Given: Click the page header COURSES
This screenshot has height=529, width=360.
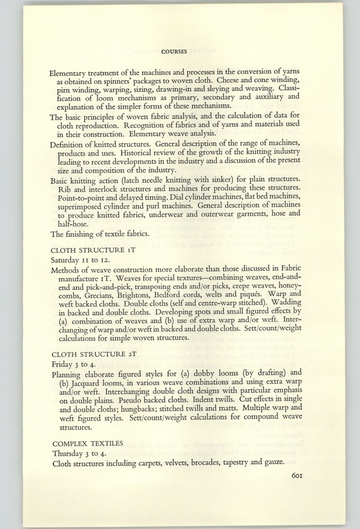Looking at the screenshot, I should click(174, 51).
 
